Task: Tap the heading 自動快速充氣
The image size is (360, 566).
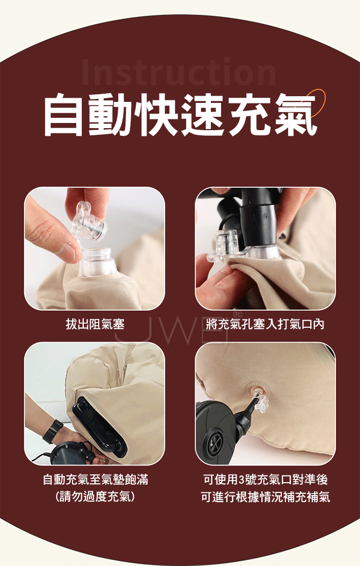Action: pos(181,114)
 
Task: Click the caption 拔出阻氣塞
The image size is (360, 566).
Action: pos(95,324)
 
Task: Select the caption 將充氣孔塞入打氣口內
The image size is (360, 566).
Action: pos(265,324)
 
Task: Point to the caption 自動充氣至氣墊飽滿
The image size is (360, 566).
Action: pos(95,480)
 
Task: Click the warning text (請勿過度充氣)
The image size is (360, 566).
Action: pos(95,497)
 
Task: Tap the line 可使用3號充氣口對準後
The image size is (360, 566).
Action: pos(265,480)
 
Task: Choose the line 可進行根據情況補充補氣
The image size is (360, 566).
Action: pos(265,497)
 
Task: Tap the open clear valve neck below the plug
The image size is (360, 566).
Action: pos(97,262)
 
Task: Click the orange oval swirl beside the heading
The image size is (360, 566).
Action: pos(313,103)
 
